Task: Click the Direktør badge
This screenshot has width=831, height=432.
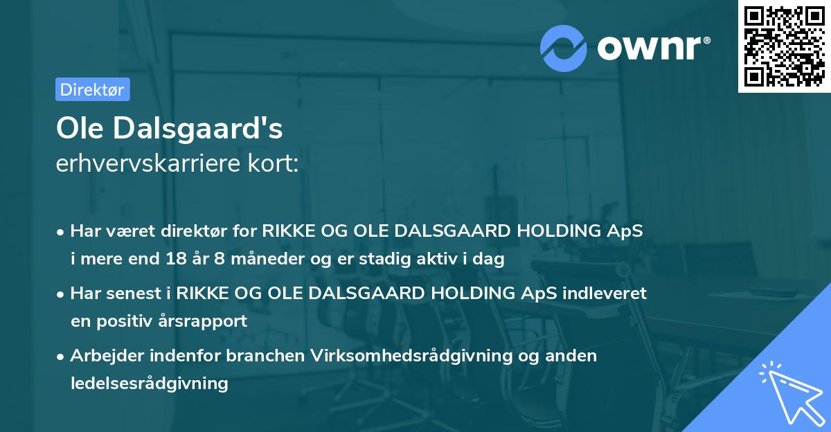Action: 92,89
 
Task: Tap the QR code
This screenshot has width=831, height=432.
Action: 784,46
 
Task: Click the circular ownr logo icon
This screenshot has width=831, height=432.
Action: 564,48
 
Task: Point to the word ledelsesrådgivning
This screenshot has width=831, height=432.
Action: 149,383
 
